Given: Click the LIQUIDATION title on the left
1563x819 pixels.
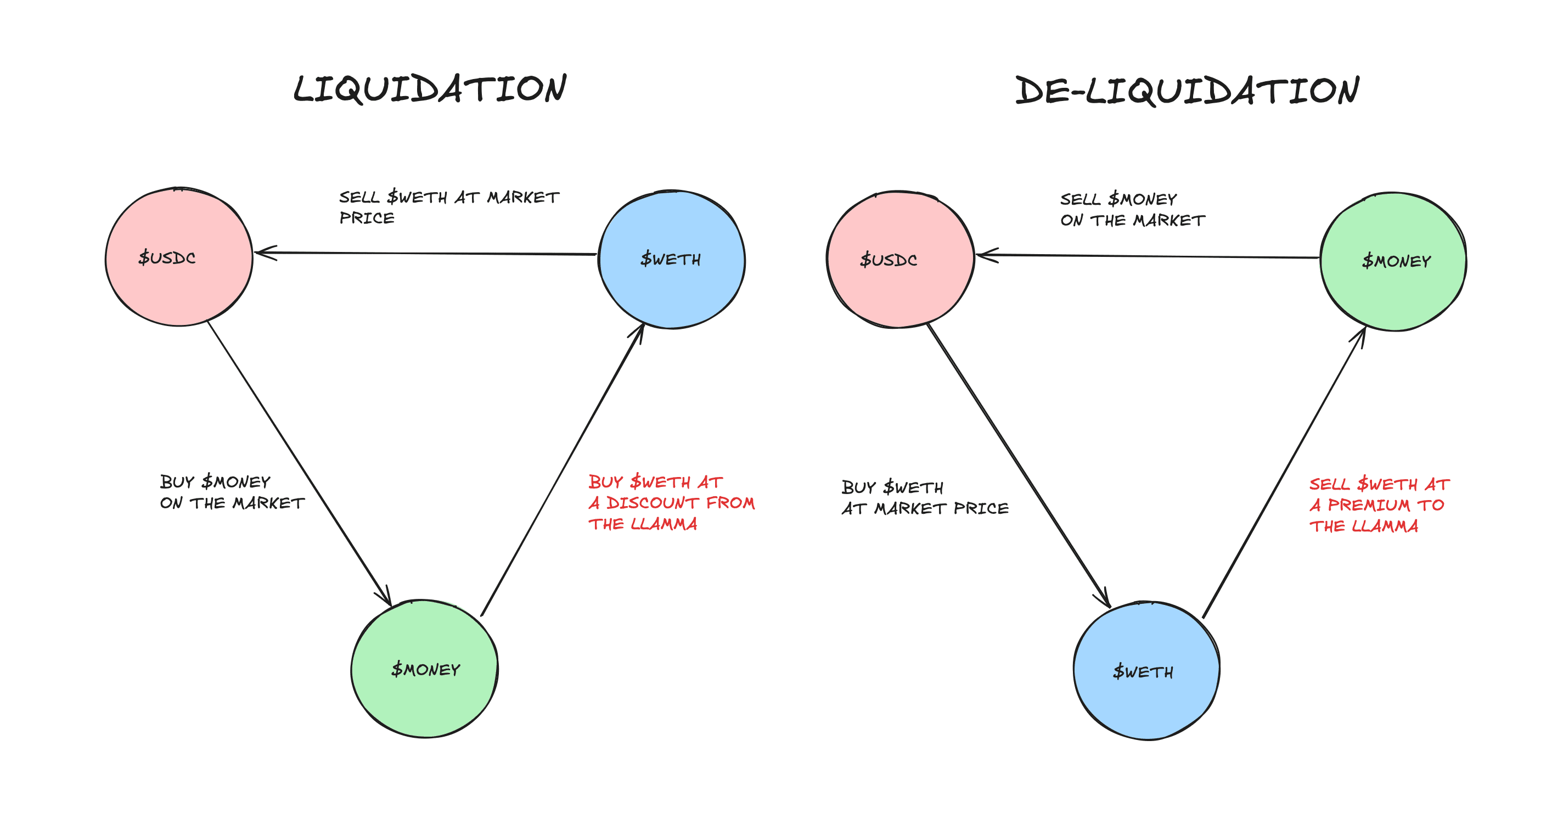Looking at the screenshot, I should [430, 88].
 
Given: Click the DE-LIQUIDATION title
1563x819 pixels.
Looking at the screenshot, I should [1187, 91].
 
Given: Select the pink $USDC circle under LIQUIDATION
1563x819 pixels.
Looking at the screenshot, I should [179, 257].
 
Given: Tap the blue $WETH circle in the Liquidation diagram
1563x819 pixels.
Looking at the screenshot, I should [672, 260].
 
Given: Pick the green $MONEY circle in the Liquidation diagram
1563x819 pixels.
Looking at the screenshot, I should [425, 669].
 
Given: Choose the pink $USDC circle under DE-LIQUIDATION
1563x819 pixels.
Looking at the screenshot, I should [901, 260].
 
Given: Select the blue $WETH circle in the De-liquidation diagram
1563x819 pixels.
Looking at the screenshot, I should [1146, 671].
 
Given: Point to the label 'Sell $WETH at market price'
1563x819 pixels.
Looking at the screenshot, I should [448, 207].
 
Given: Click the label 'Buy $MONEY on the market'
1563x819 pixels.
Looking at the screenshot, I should [232, 492].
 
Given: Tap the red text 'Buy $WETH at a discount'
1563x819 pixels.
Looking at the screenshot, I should [671, 502].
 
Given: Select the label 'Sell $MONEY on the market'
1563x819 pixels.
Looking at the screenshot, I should [1132, 209].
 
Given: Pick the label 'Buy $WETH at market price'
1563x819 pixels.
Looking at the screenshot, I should [925, 497].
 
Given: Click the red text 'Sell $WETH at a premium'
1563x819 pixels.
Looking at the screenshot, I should [1379, 505].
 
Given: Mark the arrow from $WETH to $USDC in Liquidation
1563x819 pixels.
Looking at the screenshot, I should [425, 253].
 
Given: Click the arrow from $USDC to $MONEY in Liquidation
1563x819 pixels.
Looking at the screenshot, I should [299, 463].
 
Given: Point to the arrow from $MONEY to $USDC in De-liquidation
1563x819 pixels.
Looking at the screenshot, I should [1147, 256].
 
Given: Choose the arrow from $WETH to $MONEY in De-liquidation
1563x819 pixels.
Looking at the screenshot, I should [1284, 473].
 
